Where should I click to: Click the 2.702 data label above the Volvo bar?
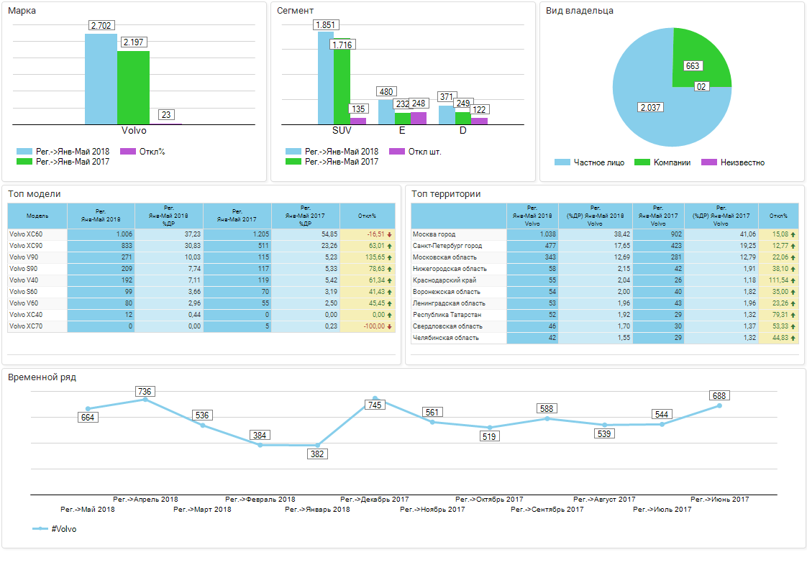(x=101, y=26)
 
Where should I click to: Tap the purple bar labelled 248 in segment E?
(x=419, y=119)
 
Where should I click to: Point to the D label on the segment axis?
(x=462, y=131)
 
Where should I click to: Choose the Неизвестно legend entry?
(x=740, y=162)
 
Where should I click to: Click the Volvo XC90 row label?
(x=26, y=246)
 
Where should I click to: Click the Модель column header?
(x=37, y=216)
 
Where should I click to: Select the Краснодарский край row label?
(x=444, y=280)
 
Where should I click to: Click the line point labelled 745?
(x=375, y=397)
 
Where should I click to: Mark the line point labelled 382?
(x=317, y=445)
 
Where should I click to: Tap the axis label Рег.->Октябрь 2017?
(x=489, y=499)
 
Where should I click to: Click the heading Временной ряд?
(x=42, y=377)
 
